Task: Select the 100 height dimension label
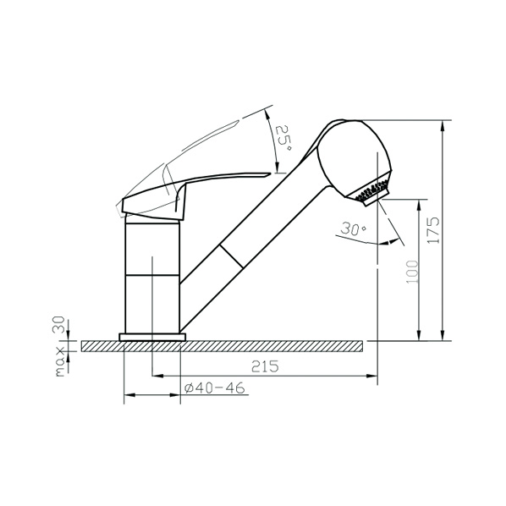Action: [x=412, y=272]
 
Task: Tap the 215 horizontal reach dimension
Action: [x=265, y=366]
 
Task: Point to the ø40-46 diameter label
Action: [x=215, y=388]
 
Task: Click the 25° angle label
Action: [x=283, y=138]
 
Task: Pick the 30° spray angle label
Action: [x=354, y=228]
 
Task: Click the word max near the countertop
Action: [x=60, y=362]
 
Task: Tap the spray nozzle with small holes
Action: [x=372, y=194]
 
